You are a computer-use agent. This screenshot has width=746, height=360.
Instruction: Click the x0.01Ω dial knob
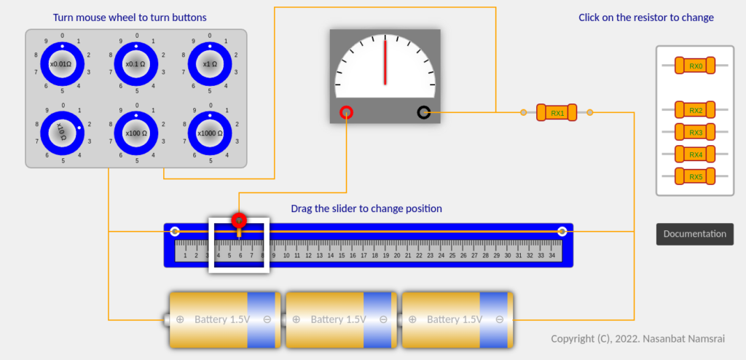click(x=62, y=64)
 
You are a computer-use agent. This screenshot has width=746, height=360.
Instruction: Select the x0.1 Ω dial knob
click(x=136, y=64)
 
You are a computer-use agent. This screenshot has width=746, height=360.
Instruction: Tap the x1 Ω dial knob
click(x=210, y=64)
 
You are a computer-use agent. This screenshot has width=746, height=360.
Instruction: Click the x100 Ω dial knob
click(x=136, y=133)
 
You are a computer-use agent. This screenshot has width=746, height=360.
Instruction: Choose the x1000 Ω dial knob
click(x=210, y=133)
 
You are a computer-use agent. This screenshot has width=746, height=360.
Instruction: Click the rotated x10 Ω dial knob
click(x=62, y=133)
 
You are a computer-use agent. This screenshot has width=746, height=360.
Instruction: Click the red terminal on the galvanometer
click(x=346, y=112)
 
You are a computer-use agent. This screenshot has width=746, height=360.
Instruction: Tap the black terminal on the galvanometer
click(x=424, y=112)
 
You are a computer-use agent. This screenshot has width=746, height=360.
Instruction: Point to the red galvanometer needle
click(x=385, y=62)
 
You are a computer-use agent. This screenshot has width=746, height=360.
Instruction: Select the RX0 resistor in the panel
click(x=695, y=66)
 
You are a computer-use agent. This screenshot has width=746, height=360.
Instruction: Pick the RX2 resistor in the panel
click(x=695, y=110)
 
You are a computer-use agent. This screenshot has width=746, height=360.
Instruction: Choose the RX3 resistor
click(x=695, y=132)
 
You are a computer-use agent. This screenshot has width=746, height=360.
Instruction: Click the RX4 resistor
click(x=695, y=154)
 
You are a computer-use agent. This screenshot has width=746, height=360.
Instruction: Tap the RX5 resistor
click(x=695, y=176)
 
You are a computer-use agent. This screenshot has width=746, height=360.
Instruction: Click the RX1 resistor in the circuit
click(x=557, y=112)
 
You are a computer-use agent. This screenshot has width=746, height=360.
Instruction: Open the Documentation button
click(x=694, y=234)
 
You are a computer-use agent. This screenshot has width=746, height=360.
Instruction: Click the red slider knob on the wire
click(x=238, y=219)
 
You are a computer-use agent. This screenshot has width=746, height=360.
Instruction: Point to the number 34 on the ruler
click(x=552, y=255)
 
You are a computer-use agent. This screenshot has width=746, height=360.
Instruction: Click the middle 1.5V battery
click(x=342, y=319)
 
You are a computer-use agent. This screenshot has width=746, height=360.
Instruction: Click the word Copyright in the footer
click(x=572, y=339)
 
